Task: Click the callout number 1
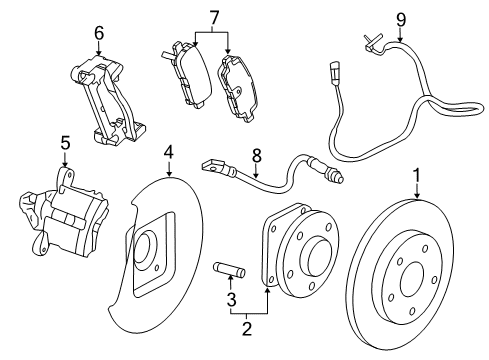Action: tap(416, 177)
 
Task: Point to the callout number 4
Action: tap(169, 152)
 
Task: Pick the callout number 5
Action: tap(64, 143)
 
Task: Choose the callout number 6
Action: tap(98, 33)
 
